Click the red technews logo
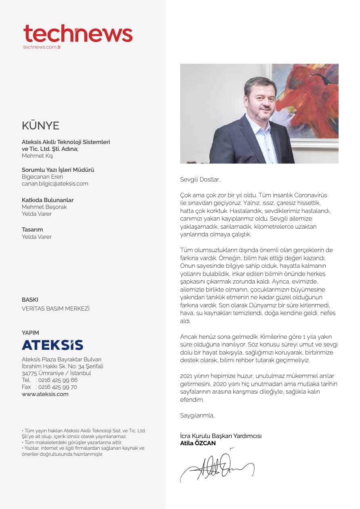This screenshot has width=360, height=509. (78, 34)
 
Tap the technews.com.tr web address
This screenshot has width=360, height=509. (42, 47)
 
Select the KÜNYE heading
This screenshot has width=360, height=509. (40, 126)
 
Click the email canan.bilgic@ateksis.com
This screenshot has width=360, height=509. (55, 184)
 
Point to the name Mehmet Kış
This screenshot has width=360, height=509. (37, 156)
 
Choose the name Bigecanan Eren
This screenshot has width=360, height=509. (42, 177)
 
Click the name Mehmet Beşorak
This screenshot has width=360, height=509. (44, 207)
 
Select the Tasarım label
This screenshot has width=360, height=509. (32, 229)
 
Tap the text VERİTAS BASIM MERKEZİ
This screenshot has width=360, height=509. (56, 309)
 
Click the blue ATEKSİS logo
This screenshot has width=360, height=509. (52, 345)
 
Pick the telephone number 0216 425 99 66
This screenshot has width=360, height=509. (58, 380)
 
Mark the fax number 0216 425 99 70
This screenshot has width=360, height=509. (58, 387)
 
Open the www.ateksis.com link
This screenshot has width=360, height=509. (45, 394)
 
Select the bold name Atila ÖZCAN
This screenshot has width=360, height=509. (198, 443)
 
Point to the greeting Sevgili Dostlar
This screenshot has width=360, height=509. (200, 179)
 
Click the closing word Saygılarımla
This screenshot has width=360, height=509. (197, 415)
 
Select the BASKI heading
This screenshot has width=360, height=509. (30, 300)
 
